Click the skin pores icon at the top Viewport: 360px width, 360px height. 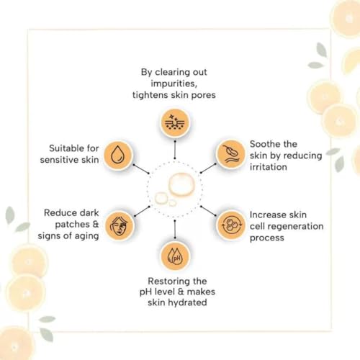175,123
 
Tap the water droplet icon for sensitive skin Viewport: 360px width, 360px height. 118,155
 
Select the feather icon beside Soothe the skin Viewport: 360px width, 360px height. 230,154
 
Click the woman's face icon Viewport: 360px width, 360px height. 119,225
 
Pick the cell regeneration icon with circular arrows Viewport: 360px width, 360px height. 231,225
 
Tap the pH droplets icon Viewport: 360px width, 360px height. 176,256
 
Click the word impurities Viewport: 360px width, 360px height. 174,84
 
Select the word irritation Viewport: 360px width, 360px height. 269,167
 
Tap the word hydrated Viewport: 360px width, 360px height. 187,302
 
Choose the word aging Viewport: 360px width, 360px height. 86,236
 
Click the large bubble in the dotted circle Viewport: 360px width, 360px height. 181,184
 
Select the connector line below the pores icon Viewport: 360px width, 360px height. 175,150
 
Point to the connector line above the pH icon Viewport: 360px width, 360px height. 175,229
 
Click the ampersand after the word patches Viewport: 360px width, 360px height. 96,224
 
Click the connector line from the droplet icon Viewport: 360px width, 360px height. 141,169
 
